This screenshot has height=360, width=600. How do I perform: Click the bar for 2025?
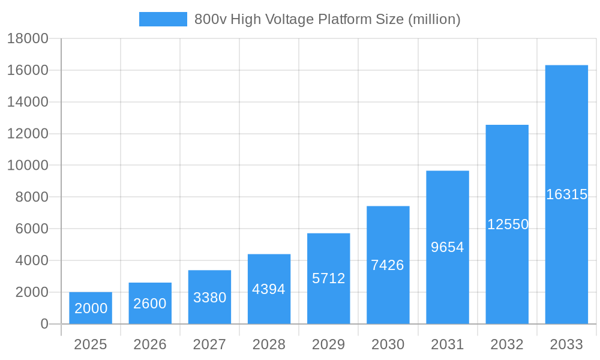91,308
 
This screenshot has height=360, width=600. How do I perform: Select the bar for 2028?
269,289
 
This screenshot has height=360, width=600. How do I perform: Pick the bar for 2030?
388,265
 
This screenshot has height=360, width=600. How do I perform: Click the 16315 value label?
566,194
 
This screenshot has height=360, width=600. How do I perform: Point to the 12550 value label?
508,224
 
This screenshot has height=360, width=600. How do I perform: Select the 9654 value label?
448,247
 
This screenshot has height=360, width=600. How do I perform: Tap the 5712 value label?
329,278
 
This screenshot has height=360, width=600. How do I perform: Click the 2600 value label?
150,304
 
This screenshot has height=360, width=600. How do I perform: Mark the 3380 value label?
209,298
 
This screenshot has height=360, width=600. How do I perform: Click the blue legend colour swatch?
163,19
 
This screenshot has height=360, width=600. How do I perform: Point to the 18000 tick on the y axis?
28,38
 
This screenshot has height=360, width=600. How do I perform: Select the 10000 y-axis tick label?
28,165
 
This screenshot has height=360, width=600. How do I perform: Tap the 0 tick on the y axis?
44,324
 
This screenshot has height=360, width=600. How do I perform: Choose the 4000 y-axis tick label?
28,260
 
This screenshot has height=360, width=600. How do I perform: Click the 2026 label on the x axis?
150,344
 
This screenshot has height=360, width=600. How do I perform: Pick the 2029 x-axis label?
329,344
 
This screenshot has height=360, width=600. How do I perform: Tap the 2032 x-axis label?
507,344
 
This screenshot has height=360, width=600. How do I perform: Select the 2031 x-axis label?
448,344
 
